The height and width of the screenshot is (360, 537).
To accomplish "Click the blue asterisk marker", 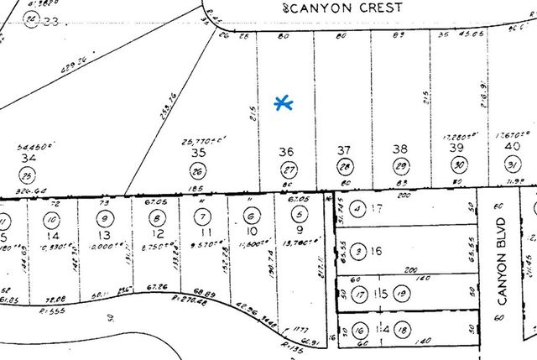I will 284,103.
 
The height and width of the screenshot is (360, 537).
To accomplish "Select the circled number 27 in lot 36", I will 286,168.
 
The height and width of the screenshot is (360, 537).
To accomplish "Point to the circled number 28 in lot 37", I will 343,168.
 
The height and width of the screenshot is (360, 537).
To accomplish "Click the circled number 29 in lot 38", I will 401,168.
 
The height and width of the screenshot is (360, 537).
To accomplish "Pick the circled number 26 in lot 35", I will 199,172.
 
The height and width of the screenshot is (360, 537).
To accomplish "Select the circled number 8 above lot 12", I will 156,217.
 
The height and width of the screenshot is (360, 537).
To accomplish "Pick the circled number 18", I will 402,328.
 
